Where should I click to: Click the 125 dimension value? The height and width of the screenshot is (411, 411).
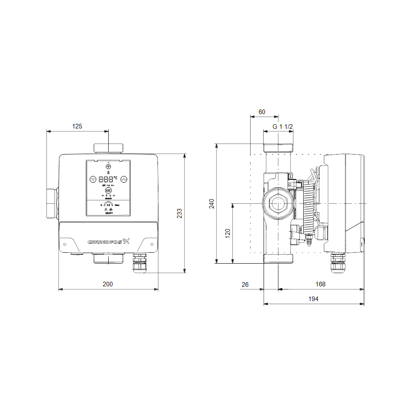point(77,126)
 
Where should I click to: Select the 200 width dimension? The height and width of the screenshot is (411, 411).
point(108,284)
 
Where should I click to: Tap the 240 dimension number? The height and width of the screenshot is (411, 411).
point(212,203)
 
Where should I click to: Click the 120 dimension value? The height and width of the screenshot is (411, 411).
point(228,233)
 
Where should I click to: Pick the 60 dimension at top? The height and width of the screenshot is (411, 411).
point(262,112)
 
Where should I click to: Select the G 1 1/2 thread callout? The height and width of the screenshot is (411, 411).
point(282,126)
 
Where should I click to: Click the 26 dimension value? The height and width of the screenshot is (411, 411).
point(245,284)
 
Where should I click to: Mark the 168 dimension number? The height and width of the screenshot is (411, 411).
point(320,284)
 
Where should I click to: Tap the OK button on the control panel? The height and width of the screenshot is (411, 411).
point(108,191)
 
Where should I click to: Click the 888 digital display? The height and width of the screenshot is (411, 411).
point(108,179)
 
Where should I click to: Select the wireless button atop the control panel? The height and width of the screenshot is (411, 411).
point(108,167)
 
